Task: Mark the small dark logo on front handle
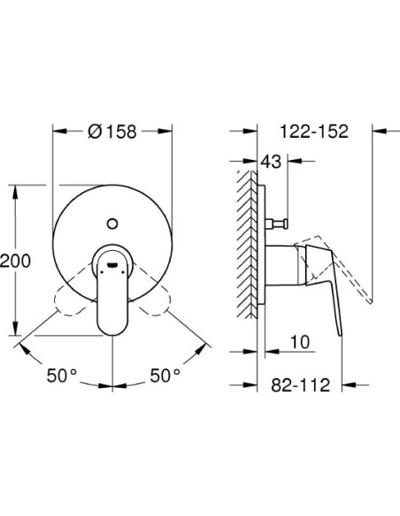coord(112,260)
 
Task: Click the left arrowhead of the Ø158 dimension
coord(58,132)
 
